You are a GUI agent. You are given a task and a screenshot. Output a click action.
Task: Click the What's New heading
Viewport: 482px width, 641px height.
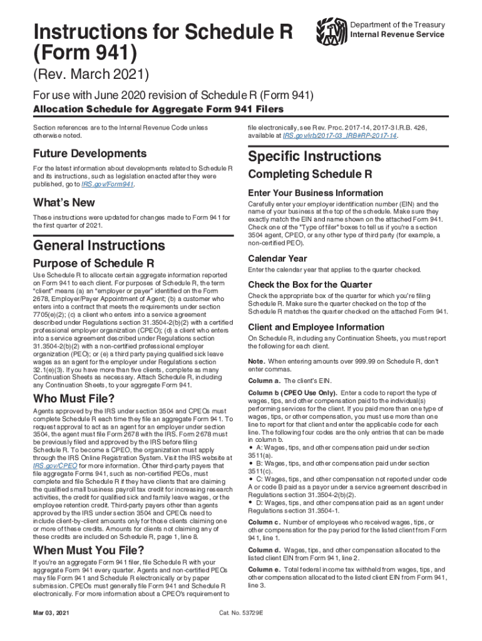pos(64,203)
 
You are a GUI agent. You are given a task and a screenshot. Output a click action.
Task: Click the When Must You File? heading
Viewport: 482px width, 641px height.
pos(89,550)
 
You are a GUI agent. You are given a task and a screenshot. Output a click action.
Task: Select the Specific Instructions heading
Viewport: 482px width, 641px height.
pos(314,156)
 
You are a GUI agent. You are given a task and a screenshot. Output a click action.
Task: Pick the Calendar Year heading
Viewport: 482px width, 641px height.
pos(277,259)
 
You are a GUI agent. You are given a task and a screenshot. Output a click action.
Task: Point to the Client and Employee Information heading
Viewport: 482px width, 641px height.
pos(316,327)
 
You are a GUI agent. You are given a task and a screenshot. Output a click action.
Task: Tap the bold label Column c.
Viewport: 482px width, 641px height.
pos(264,522)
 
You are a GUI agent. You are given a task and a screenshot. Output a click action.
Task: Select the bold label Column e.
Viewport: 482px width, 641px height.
pos(264,570)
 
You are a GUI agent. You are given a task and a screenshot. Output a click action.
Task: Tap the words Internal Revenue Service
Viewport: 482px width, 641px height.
pos(397,34)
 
